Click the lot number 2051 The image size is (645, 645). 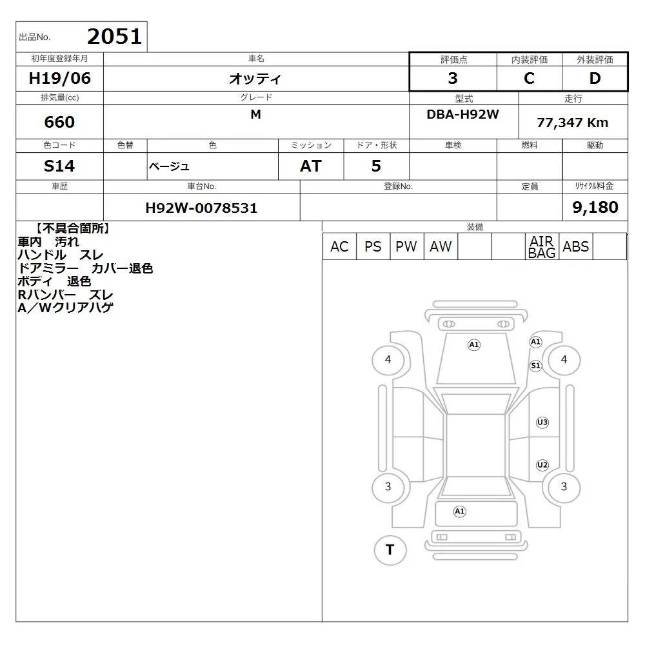114,37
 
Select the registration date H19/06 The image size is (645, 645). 59,78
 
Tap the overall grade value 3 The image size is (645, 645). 453,78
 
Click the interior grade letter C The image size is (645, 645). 529,78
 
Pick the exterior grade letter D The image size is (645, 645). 595,78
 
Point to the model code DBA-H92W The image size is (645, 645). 462,114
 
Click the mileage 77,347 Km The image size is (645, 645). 572,123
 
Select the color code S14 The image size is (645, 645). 59,166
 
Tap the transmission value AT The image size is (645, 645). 311,166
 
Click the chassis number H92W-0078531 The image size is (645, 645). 201,208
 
